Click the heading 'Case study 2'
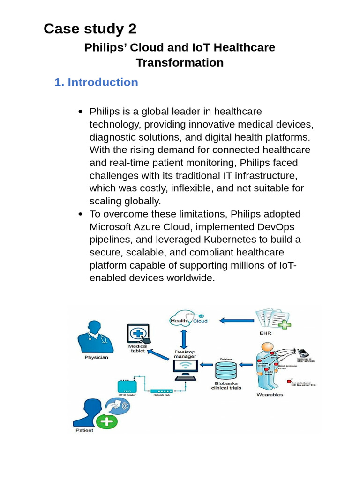tap(90, 29)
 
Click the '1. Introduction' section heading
tap(96, 82)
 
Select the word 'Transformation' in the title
tap(180, 62)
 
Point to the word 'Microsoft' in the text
tap(113, 227)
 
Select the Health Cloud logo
tap(187, 320)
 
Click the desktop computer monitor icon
tap(186, 369)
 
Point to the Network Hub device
tap(161, 391)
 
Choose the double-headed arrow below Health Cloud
tap(185, 338)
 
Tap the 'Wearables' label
tap(270, 395)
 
